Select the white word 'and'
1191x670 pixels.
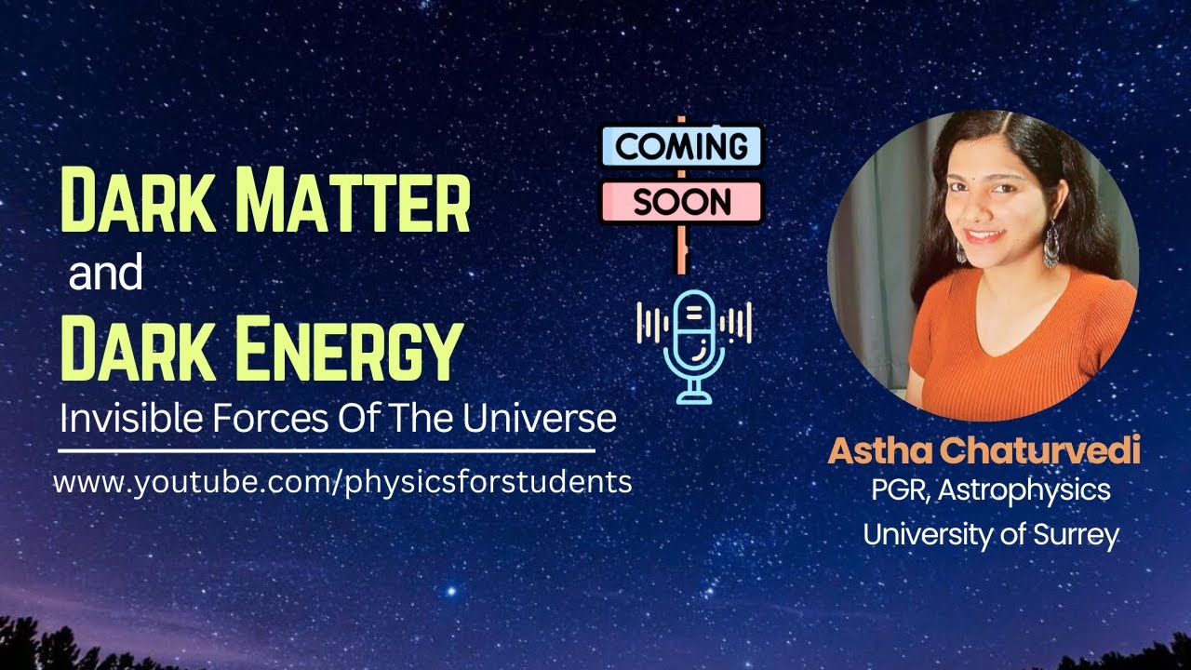105,275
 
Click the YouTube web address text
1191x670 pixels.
342,482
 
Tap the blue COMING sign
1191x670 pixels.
681,146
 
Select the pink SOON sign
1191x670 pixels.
681,201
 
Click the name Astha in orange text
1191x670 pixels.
879,451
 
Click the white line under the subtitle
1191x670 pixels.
326,451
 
